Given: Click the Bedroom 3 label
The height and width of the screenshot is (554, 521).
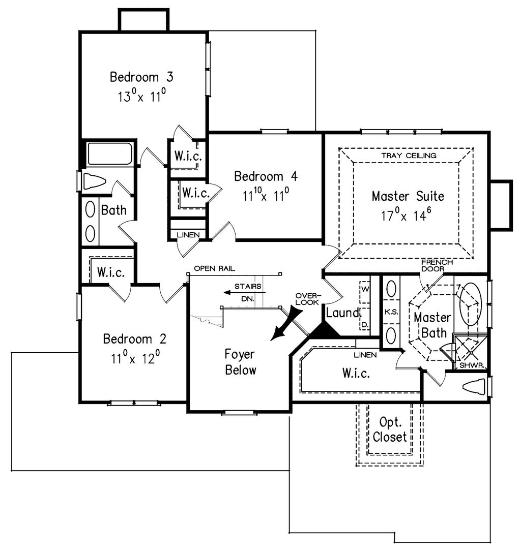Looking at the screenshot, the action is coord(141,77).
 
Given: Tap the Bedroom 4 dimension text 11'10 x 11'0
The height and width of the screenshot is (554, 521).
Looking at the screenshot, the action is coord(266,194).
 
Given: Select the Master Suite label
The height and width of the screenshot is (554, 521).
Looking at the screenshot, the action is coord(408,196).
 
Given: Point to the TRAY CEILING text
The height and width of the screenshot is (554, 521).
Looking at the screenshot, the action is coord(409,156).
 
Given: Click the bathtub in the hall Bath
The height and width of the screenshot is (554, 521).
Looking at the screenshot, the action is coord(110,153).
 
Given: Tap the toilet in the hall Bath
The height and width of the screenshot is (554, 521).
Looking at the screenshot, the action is coord(95,181).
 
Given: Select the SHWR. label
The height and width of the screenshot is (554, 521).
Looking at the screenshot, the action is coord(472,365).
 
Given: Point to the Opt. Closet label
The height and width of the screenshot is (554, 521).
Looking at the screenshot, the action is coord(389,429).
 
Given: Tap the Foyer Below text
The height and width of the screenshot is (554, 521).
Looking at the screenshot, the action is coord(240,362).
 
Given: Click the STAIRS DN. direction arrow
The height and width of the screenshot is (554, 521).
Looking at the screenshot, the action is coord(244,293).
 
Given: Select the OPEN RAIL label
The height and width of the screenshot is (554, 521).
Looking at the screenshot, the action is coord(214,268).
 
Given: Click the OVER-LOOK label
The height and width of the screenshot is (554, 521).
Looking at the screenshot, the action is coord(308,299).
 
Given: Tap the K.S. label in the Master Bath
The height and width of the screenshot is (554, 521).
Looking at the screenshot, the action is coord(391,312).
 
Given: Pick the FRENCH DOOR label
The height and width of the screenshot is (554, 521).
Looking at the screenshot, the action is coord(437,265).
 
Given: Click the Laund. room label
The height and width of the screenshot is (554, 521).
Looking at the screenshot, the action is coord(343,313).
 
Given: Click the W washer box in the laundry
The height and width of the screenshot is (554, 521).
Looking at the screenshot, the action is coord(365,292).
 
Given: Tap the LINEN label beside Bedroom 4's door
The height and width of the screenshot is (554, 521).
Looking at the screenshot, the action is coord(188,235).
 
